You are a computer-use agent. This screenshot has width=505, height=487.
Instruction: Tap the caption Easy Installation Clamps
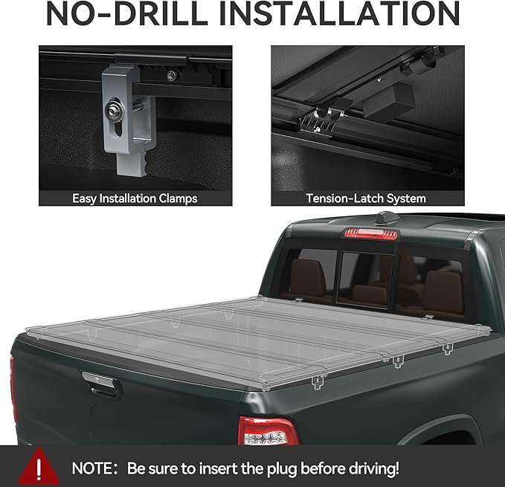(135, 199)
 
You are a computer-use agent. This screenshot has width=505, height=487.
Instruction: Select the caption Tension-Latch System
(366, 199)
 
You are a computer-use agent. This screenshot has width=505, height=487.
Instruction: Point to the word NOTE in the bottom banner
(94, 468)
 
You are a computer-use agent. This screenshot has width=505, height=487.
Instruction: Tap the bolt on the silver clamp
(118, 114)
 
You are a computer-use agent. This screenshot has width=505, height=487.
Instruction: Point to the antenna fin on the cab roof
(386, 218)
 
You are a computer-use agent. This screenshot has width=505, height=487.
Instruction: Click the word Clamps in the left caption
(179, 199)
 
